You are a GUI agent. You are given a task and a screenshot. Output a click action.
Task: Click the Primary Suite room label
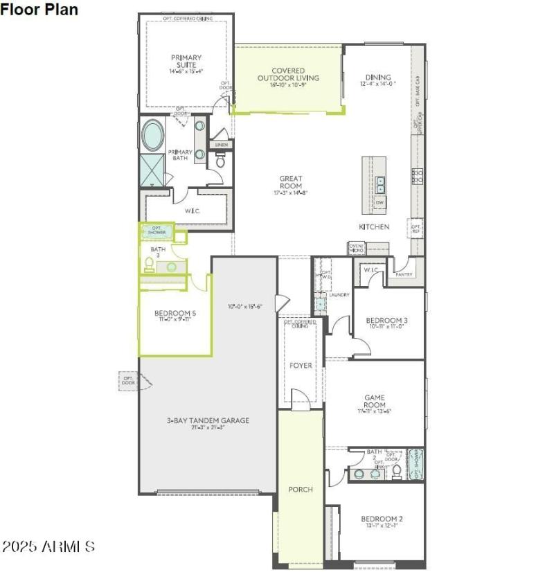coord(185,62)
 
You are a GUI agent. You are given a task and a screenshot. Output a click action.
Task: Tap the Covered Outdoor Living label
coord(288,75)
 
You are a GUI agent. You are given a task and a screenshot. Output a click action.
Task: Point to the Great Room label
coord(291,183)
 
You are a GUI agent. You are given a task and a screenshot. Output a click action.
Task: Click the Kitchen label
coord(373,226)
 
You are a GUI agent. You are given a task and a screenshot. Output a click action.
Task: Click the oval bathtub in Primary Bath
coord(153,136)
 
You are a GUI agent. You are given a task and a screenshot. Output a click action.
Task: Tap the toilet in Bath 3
coord(149,264)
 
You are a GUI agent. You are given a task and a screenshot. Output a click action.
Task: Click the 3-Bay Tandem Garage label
coord(197,420)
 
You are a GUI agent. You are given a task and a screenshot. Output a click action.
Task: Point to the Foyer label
coord(301,365)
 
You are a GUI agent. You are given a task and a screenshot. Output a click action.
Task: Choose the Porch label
coord(301,489)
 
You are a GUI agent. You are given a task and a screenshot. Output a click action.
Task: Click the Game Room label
coord(375,402)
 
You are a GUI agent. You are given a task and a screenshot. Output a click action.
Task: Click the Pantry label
coord(404,275)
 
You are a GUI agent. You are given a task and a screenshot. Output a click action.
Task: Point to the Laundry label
coord(339,295)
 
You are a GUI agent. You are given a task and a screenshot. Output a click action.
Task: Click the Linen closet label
coord(221,145)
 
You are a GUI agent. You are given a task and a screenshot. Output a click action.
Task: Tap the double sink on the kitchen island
coord(380,184)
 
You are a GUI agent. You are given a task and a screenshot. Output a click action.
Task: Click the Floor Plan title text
coord(40,10)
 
